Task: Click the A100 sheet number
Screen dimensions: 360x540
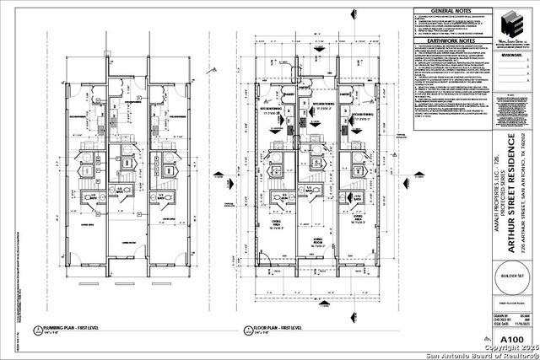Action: pyautogui.click(x=511, y=341)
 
